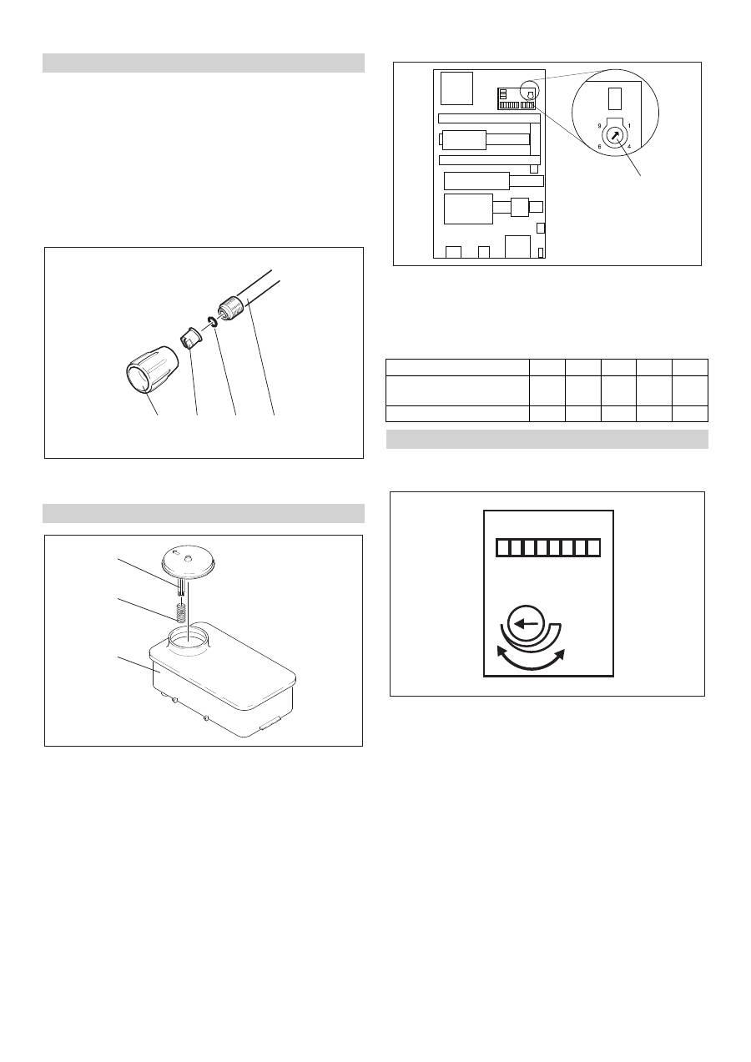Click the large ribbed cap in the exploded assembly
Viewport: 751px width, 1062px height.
point(151,370)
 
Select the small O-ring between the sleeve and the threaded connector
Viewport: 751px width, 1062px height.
point(212,321)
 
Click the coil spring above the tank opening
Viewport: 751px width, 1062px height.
point(180,613)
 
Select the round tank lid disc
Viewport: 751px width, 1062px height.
point(189,563)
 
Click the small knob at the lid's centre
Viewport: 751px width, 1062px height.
point(189,559)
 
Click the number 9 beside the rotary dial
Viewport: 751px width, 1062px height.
point(599,126)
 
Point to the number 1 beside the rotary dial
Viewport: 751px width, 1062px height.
point(629,126)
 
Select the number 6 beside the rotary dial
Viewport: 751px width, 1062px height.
point(599,147)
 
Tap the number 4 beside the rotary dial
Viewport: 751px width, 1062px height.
point(629,147)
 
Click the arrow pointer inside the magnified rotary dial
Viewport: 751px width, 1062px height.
point(615,136)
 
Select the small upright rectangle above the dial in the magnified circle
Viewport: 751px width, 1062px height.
point(614,98)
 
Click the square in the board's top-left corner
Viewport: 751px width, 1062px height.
point(456,88)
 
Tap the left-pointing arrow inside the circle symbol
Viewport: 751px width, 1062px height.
point(526,624)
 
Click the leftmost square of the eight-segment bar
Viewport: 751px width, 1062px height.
point(503,547)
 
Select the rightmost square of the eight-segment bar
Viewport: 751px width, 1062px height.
point(593,547)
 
